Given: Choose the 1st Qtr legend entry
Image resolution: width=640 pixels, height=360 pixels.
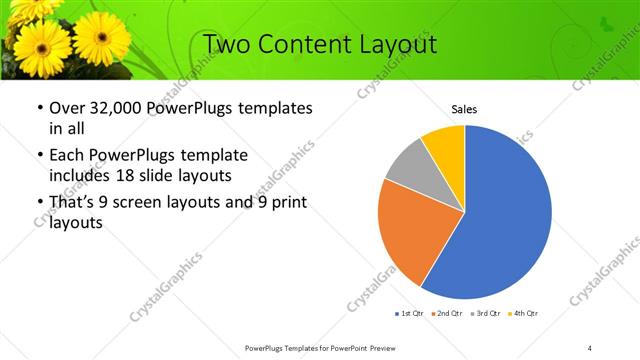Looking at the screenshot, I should point(410,314).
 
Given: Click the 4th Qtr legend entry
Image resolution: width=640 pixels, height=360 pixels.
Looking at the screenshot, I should point(525,314).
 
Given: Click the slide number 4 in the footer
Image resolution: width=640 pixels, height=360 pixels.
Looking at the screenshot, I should point(591,347).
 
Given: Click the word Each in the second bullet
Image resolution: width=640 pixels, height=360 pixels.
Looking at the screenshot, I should point(66,156).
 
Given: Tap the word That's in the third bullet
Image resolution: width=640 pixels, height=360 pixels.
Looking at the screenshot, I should point(74,204).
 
